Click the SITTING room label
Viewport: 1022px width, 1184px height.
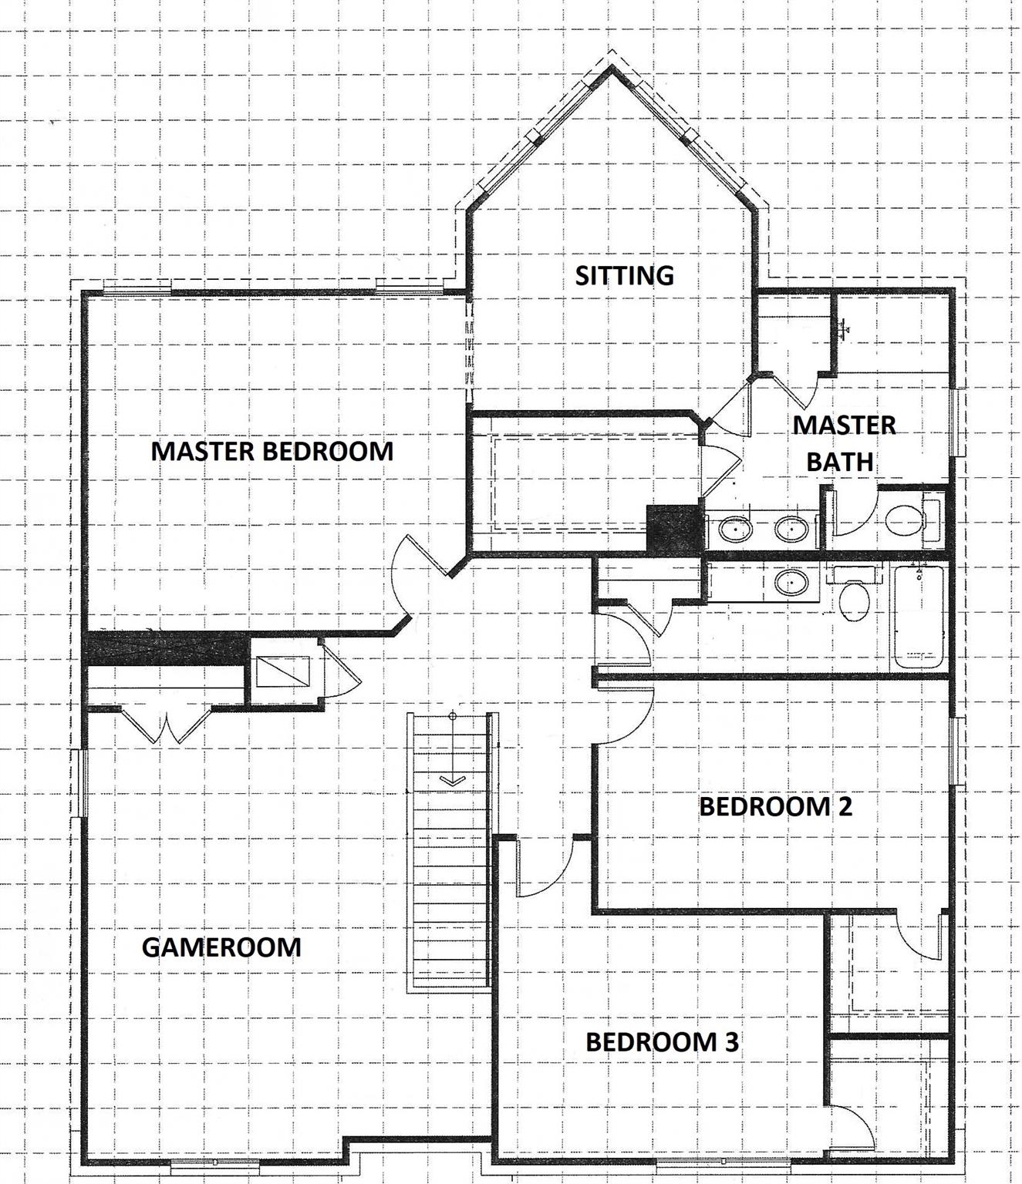624,275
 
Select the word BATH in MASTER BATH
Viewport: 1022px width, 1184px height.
839,462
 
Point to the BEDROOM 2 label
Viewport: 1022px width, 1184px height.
775,806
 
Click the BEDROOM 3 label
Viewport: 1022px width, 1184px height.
662,1041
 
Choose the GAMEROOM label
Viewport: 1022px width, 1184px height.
221,947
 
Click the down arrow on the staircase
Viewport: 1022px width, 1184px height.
452,781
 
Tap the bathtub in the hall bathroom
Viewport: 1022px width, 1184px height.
919,617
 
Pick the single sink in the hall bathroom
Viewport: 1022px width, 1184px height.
791,582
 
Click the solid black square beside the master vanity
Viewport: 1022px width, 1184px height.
674,529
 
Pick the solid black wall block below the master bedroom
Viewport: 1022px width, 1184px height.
164,647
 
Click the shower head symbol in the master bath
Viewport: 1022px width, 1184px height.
845,328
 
